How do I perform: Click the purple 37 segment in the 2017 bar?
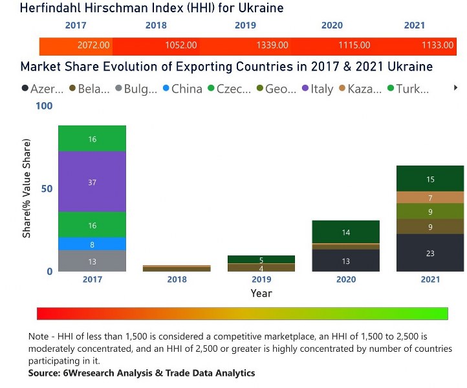click(x=92, y=182)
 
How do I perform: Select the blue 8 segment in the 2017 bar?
click(x=92, y=244)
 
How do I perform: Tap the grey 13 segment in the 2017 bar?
click(x=92, y=261)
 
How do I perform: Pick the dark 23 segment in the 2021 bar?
click(x=430, y=253)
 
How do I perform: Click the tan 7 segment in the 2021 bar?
click(x=430, y=198)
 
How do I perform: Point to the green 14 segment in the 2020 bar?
click(x=345, y=232)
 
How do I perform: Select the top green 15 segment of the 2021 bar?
click(x=430, y=179)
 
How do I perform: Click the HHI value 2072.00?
click(x=94, y=46)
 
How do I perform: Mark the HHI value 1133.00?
click(x=437, y=46)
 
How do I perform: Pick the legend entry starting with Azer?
click(x=42, y=89)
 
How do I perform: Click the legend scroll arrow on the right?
click(x=455, y=87)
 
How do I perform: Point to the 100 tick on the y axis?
click(x=43, y=105)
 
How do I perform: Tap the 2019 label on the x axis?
click(x=261, y=279)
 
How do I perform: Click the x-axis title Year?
click(x=261, y=294)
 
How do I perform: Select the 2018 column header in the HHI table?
click(x=156, y=26)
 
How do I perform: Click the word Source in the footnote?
click(x=46, y=373)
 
